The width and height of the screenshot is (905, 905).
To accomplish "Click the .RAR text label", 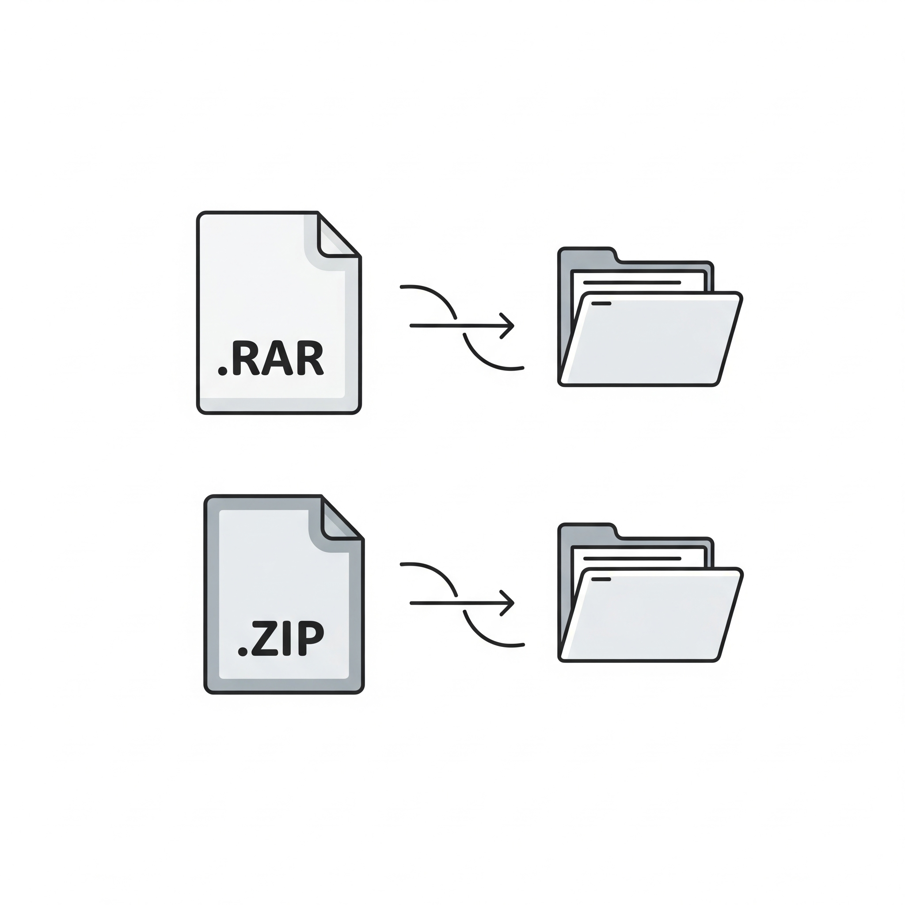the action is [x=271, y=358].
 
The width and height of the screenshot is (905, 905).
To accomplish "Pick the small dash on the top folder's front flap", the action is [x=601, y=304].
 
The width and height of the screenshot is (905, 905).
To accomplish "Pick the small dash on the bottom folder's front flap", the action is [x=601, y=579].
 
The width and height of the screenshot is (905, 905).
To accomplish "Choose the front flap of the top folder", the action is [x=651, y=338].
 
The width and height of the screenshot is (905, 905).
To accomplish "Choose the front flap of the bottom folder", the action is [x=651, y=615].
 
